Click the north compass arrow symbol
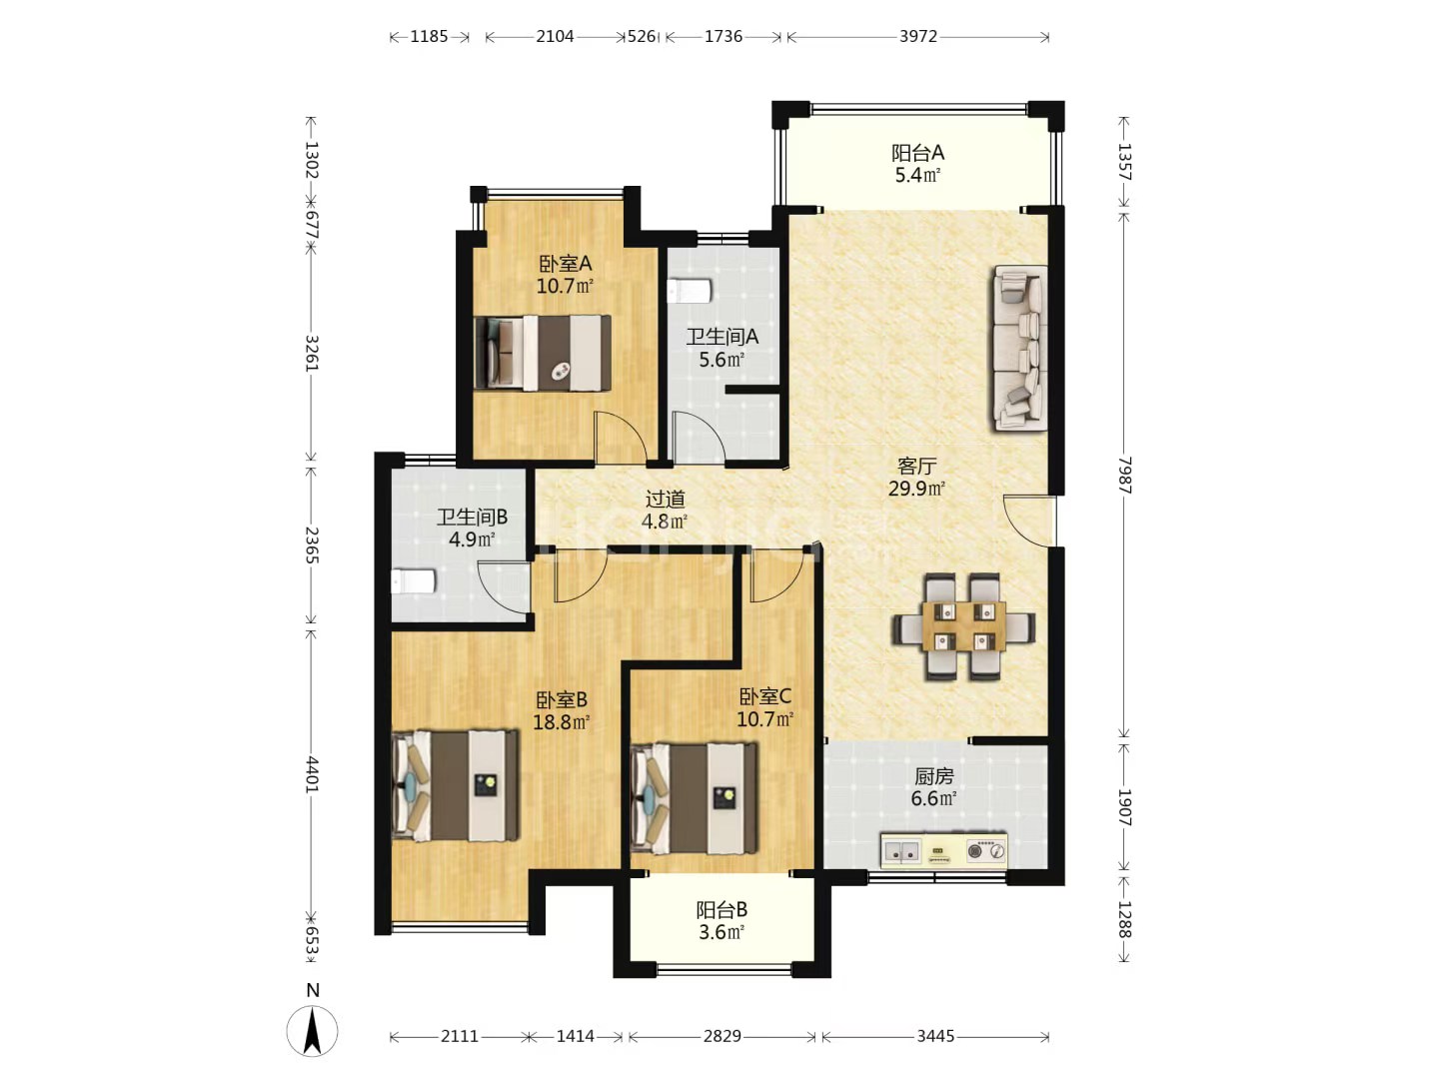tap(313, 1030)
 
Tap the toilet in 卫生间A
tap(690, 291)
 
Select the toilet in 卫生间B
tap(413, 581)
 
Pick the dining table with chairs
tap(963, 626)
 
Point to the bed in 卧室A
tap(543, 353)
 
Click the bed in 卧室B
tap(456, 785)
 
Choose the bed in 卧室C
tap(695, 798)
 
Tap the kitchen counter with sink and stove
tap(943, 850)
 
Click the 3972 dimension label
tap(917, 36)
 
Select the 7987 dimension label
tap(1124, 475)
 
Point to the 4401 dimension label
tap(312, 774)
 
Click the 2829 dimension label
tap(721, 1036)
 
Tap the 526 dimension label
tap(642, 36)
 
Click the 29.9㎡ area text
tap(916, 489)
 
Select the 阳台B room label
tap(721, 910)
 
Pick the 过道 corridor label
tap(665, 500)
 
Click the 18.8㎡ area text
tap(562, 722)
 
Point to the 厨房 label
tap(933, 776)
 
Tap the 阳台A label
tap(917, 153)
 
